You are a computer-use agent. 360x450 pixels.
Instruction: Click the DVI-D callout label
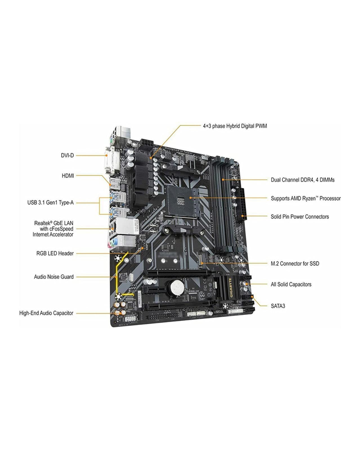pos(67,155)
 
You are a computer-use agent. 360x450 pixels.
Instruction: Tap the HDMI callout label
pos(68,176)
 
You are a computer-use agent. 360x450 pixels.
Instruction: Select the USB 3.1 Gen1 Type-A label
pos(50,202)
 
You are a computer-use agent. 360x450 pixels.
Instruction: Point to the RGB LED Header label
pos(55,253)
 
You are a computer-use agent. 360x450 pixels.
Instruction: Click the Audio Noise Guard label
pos(54,277)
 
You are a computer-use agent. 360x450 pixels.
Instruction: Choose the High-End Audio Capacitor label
pos(46,313)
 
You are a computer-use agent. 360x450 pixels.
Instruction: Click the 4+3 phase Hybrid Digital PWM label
pos(235,126)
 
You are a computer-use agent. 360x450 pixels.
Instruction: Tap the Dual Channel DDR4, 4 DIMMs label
pos(303,180)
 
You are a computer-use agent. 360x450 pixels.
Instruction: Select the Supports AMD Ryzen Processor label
pos(305,199)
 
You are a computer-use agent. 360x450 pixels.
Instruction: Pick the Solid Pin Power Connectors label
pos(299,217)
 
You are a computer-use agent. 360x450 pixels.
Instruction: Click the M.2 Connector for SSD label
pos(295,264)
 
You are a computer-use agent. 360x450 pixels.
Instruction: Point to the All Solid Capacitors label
pos(291,284)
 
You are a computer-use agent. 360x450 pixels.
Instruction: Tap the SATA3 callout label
pos(278,306)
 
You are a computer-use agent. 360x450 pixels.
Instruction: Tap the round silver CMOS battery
pos(176,287)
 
